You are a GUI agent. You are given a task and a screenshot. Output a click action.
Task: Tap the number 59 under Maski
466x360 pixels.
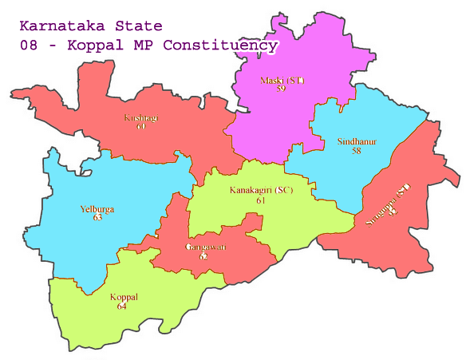(x=281, y=89)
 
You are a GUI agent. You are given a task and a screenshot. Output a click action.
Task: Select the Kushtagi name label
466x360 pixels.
(x=141, y=118)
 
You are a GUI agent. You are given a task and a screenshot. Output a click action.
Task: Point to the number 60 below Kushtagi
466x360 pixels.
(x=140, y=126)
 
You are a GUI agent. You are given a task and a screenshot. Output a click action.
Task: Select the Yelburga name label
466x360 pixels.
(x=97, y=209)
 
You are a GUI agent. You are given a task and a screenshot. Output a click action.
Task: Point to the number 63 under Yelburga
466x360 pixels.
(x=97, y=217)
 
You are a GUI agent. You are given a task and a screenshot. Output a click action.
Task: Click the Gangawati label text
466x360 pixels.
(x=205, y=247)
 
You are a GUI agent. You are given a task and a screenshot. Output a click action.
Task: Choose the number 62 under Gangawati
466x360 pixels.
(x=203, y=256)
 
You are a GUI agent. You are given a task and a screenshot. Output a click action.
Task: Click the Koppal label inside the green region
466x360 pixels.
(x=123, y=297)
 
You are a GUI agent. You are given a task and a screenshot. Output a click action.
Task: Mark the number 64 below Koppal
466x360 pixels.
(x=122, y=306)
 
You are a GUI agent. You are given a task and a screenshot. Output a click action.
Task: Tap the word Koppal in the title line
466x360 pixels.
(x=95, y=45)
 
